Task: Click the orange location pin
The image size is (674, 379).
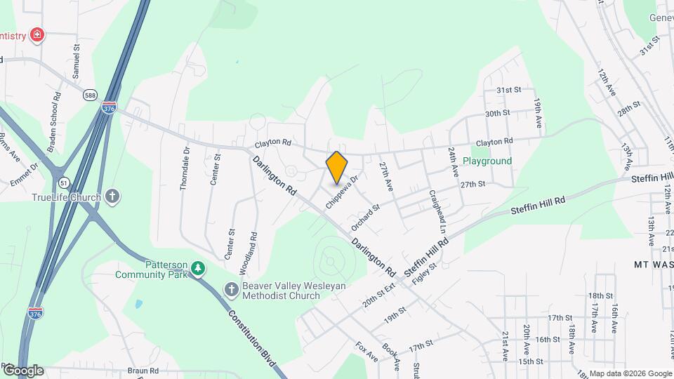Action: click(337, 167)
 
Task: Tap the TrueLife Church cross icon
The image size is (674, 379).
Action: click(112, 197)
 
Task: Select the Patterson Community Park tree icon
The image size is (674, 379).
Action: click(199, 268)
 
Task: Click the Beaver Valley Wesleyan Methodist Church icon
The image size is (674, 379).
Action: click(231, 289)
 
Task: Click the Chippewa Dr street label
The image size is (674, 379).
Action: click(342, 192)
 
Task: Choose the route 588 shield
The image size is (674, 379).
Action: click(91, 95)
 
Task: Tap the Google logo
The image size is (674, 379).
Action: click(22, 370)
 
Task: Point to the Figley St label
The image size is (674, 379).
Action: click(424, 270)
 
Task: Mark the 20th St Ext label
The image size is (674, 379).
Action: click(380, 291)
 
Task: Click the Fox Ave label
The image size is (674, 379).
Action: click(366, 352)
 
